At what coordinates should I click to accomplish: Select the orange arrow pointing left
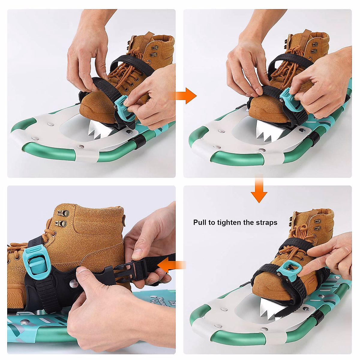(171, 265)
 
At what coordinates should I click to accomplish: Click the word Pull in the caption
(200, 222)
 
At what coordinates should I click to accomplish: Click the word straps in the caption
(266, 222)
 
